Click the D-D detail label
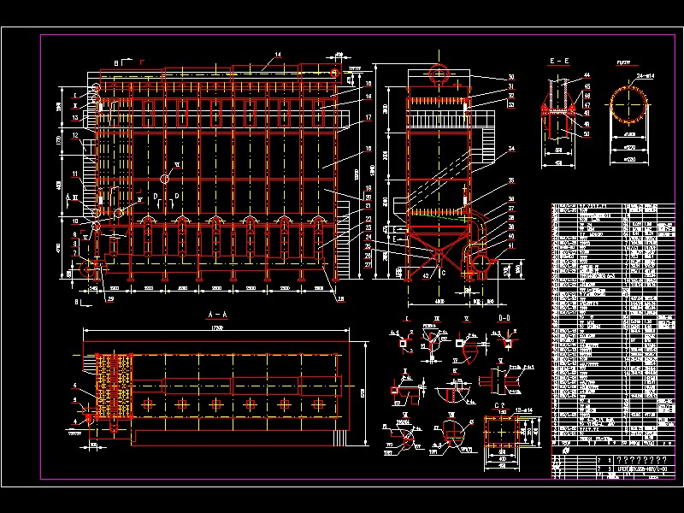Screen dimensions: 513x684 505,317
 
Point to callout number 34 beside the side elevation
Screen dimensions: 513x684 511,149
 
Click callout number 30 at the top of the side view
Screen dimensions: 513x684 510,78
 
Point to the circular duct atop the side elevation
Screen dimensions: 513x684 439,74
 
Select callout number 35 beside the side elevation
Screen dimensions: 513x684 511,181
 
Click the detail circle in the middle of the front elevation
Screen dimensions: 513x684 165,179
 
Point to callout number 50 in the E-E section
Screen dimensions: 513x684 587,133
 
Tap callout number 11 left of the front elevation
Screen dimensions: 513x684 75,174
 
